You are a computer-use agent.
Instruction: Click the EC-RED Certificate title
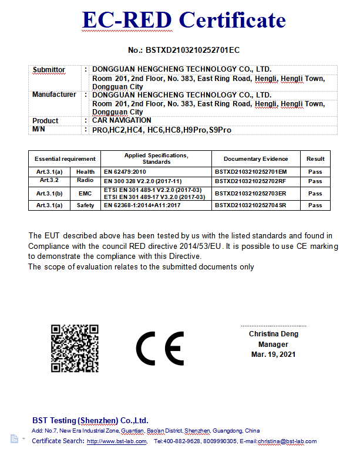pos(184,21)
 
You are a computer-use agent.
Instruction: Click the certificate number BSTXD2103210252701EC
pos(183,50)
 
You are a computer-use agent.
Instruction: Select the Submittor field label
pos(49,70)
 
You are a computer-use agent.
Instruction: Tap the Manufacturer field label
pos(54,95)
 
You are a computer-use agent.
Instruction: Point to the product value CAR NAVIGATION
pos(122,120)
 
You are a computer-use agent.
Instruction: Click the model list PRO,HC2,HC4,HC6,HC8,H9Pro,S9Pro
pos(162,130)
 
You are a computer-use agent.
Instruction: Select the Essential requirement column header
pos(65,158)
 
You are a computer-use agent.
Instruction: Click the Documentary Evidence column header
pos(255,158)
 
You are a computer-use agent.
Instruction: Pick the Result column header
pos(315,158)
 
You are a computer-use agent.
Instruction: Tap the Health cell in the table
pos(85,171)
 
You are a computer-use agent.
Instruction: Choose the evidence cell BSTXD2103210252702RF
pos(250,181)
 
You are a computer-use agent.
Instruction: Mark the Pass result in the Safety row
pos(315,205)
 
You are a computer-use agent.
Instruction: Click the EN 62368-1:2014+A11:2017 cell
pos(142,205)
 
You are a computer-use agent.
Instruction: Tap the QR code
pos(74,348)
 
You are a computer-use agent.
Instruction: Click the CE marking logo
pos(160,349)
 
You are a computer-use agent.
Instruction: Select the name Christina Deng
pos(273,334)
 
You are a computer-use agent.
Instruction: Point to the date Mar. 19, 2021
pos(273,355)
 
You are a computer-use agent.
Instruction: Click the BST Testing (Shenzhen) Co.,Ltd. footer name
pos(90,420)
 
